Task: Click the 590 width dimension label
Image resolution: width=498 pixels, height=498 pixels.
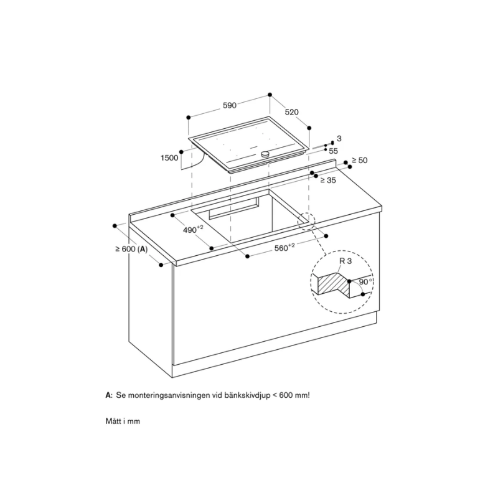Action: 230,106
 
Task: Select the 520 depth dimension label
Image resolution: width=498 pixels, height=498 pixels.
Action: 291,113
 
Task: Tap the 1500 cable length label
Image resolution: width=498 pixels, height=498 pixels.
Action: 169,158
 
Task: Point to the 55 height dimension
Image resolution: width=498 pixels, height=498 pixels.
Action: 333,151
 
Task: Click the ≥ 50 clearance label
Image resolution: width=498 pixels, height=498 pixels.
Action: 359,161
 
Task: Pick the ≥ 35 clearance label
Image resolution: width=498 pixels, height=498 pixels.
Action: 327,180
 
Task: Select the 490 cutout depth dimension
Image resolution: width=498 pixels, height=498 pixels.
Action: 193,230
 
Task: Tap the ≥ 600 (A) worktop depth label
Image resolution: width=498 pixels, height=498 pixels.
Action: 131,249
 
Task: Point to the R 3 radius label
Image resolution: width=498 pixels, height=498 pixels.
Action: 345,262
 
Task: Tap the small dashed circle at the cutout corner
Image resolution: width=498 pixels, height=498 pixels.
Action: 307,220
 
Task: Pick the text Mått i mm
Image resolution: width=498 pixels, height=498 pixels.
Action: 123,421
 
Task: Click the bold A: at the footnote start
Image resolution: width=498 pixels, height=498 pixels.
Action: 109,396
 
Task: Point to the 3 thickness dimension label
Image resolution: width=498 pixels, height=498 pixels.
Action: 339,138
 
